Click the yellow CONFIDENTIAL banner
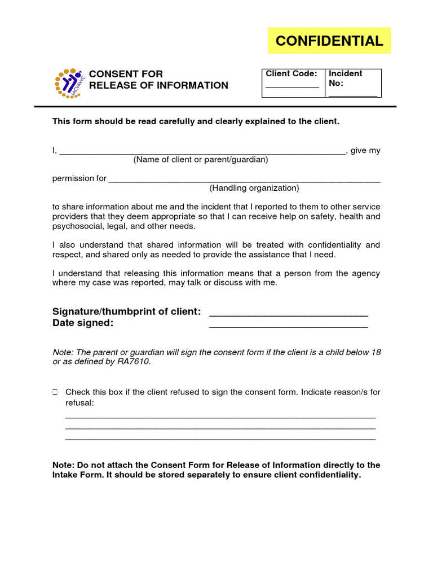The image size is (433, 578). click(x=329, y=41)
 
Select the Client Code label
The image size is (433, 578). click(x=291, y=73)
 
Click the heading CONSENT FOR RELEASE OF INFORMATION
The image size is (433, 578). click(x=159, y=80)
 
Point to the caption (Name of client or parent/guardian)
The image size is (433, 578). click(x=201, y=160)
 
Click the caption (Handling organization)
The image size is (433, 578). click(x=254, y=188)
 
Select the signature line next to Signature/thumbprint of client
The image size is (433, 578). click(x=288, y=314)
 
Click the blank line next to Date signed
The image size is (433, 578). click(x=288, y=326)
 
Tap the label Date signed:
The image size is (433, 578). click(x=83, y=323)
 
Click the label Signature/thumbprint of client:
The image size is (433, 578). click(x=126, y=312)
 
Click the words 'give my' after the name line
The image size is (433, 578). click(x=365, y=151)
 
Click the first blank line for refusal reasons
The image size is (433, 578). click(x=220, y=417)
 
